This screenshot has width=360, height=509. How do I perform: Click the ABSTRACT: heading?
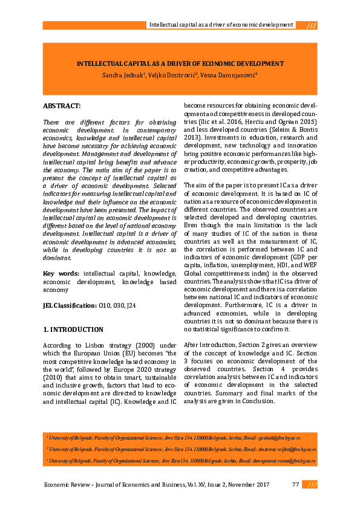[x=62, y=106]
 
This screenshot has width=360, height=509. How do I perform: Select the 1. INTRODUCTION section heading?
[x=73, y=329]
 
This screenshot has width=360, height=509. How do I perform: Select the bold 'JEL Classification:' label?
[x=70, y=305]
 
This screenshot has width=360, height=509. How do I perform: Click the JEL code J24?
[x=129, y=305]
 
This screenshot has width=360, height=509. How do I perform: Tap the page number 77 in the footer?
[x=295, y=484]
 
